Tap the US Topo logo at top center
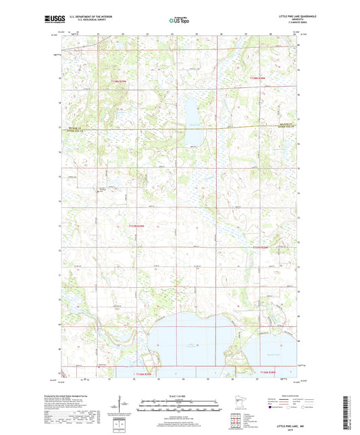(x=179, y=21)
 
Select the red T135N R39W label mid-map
(x=136, y=226)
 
